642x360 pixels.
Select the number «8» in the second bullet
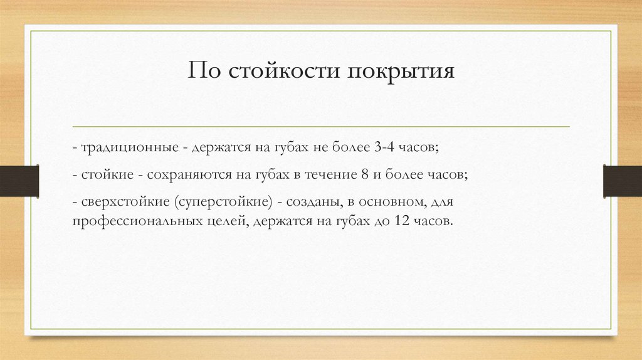pos(364,176)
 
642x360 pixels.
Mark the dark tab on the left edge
pos(19,181)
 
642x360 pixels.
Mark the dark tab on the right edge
pos(622,181)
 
